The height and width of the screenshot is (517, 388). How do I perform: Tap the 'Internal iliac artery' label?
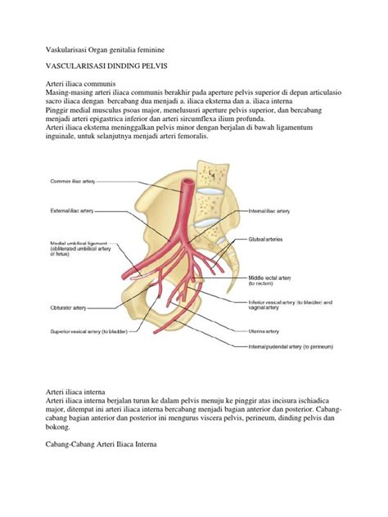point(269,210)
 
